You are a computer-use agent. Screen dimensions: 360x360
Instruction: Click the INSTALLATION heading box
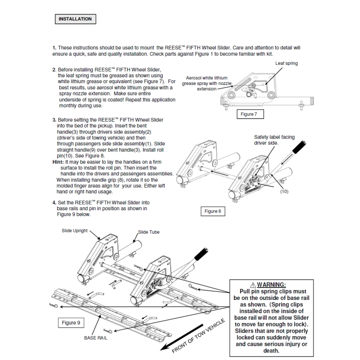click(x=75, y=19)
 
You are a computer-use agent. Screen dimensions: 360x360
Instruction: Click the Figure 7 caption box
click(x=250, y=114)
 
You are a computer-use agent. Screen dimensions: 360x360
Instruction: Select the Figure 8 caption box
click(x=213, y=211)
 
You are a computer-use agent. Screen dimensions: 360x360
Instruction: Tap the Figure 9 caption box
click(x=71, y=323)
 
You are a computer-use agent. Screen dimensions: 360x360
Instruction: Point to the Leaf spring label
click(x=287, y=63)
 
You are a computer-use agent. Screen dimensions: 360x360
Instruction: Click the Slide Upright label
click(x=75, y=231)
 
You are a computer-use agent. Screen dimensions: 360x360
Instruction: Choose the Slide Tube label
click(x=149, y=232)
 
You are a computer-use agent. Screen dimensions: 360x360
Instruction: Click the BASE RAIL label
click(x=96, y=338)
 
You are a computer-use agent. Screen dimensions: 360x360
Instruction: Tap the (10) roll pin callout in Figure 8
click(x=284, y=192)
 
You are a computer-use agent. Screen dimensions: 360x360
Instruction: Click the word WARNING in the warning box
click(x=271, y=285)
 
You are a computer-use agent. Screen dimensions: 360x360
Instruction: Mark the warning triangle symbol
click(x=253, y=285)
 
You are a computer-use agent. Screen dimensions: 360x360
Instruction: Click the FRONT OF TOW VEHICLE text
click(x=199, y=336)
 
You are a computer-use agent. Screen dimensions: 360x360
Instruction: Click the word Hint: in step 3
click(x=58, y=162)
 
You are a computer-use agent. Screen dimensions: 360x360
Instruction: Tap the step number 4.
click(x=54, y=203)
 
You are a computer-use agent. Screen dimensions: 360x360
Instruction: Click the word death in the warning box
click(x=271, y=351)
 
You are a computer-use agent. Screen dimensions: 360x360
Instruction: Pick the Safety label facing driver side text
click(x=274, y=140)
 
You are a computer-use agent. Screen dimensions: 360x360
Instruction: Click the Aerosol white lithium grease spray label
click(x=207, y=84)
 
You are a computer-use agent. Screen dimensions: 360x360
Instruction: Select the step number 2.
click(x=54, y=70)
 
